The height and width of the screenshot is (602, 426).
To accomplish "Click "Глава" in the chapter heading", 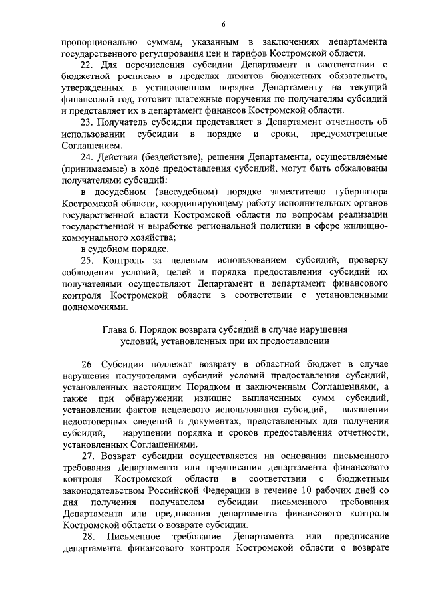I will (x=114, y=330).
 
